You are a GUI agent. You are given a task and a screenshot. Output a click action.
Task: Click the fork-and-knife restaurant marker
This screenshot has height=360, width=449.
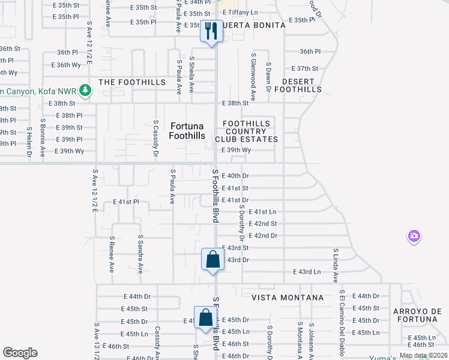pyautogui.click(x=211, y=31)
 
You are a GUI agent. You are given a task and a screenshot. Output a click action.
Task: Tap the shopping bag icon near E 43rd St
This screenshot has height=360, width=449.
pyautogui.click(x=212, y=260)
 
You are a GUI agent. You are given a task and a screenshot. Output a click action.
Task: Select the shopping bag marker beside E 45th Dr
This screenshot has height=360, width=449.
pyautogui.click(x=205, y=318)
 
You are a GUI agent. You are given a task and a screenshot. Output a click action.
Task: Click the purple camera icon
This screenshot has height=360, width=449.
pyautogui.click(x=414, y=236)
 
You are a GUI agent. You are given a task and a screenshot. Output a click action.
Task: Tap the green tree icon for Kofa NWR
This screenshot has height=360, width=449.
pyautogui.click(x=86, y=90)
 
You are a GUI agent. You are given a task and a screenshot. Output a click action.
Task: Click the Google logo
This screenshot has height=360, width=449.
pyautogui.click(x=20, y=353)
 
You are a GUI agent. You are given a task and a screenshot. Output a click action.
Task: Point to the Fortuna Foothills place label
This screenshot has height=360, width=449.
pyautogui.click(x=187, y=131)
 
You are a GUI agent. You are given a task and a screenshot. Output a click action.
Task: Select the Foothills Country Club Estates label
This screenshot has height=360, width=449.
pyautogui.click(x=251, y=131)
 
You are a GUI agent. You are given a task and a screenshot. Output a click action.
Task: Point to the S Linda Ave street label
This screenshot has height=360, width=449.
pyautogui.click(x=336, y=265)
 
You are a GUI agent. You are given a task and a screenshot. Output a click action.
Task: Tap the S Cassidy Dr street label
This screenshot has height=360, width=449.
pyautogui.click(x=155, y=137)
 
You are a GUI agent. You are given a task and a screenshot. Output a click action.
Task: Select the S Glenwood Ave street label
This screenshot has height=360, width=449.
pyautogui.click(x=253, y=80)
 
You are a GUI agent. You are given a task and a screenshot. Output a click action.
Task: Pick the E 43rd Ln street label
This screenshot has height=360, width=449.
pyautogui.click(x=307, y=272)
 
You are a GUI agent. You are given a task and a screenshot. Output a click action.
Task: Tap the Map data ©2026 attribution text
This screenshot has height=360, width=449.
pyautogui.click(x=423, y=355)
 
